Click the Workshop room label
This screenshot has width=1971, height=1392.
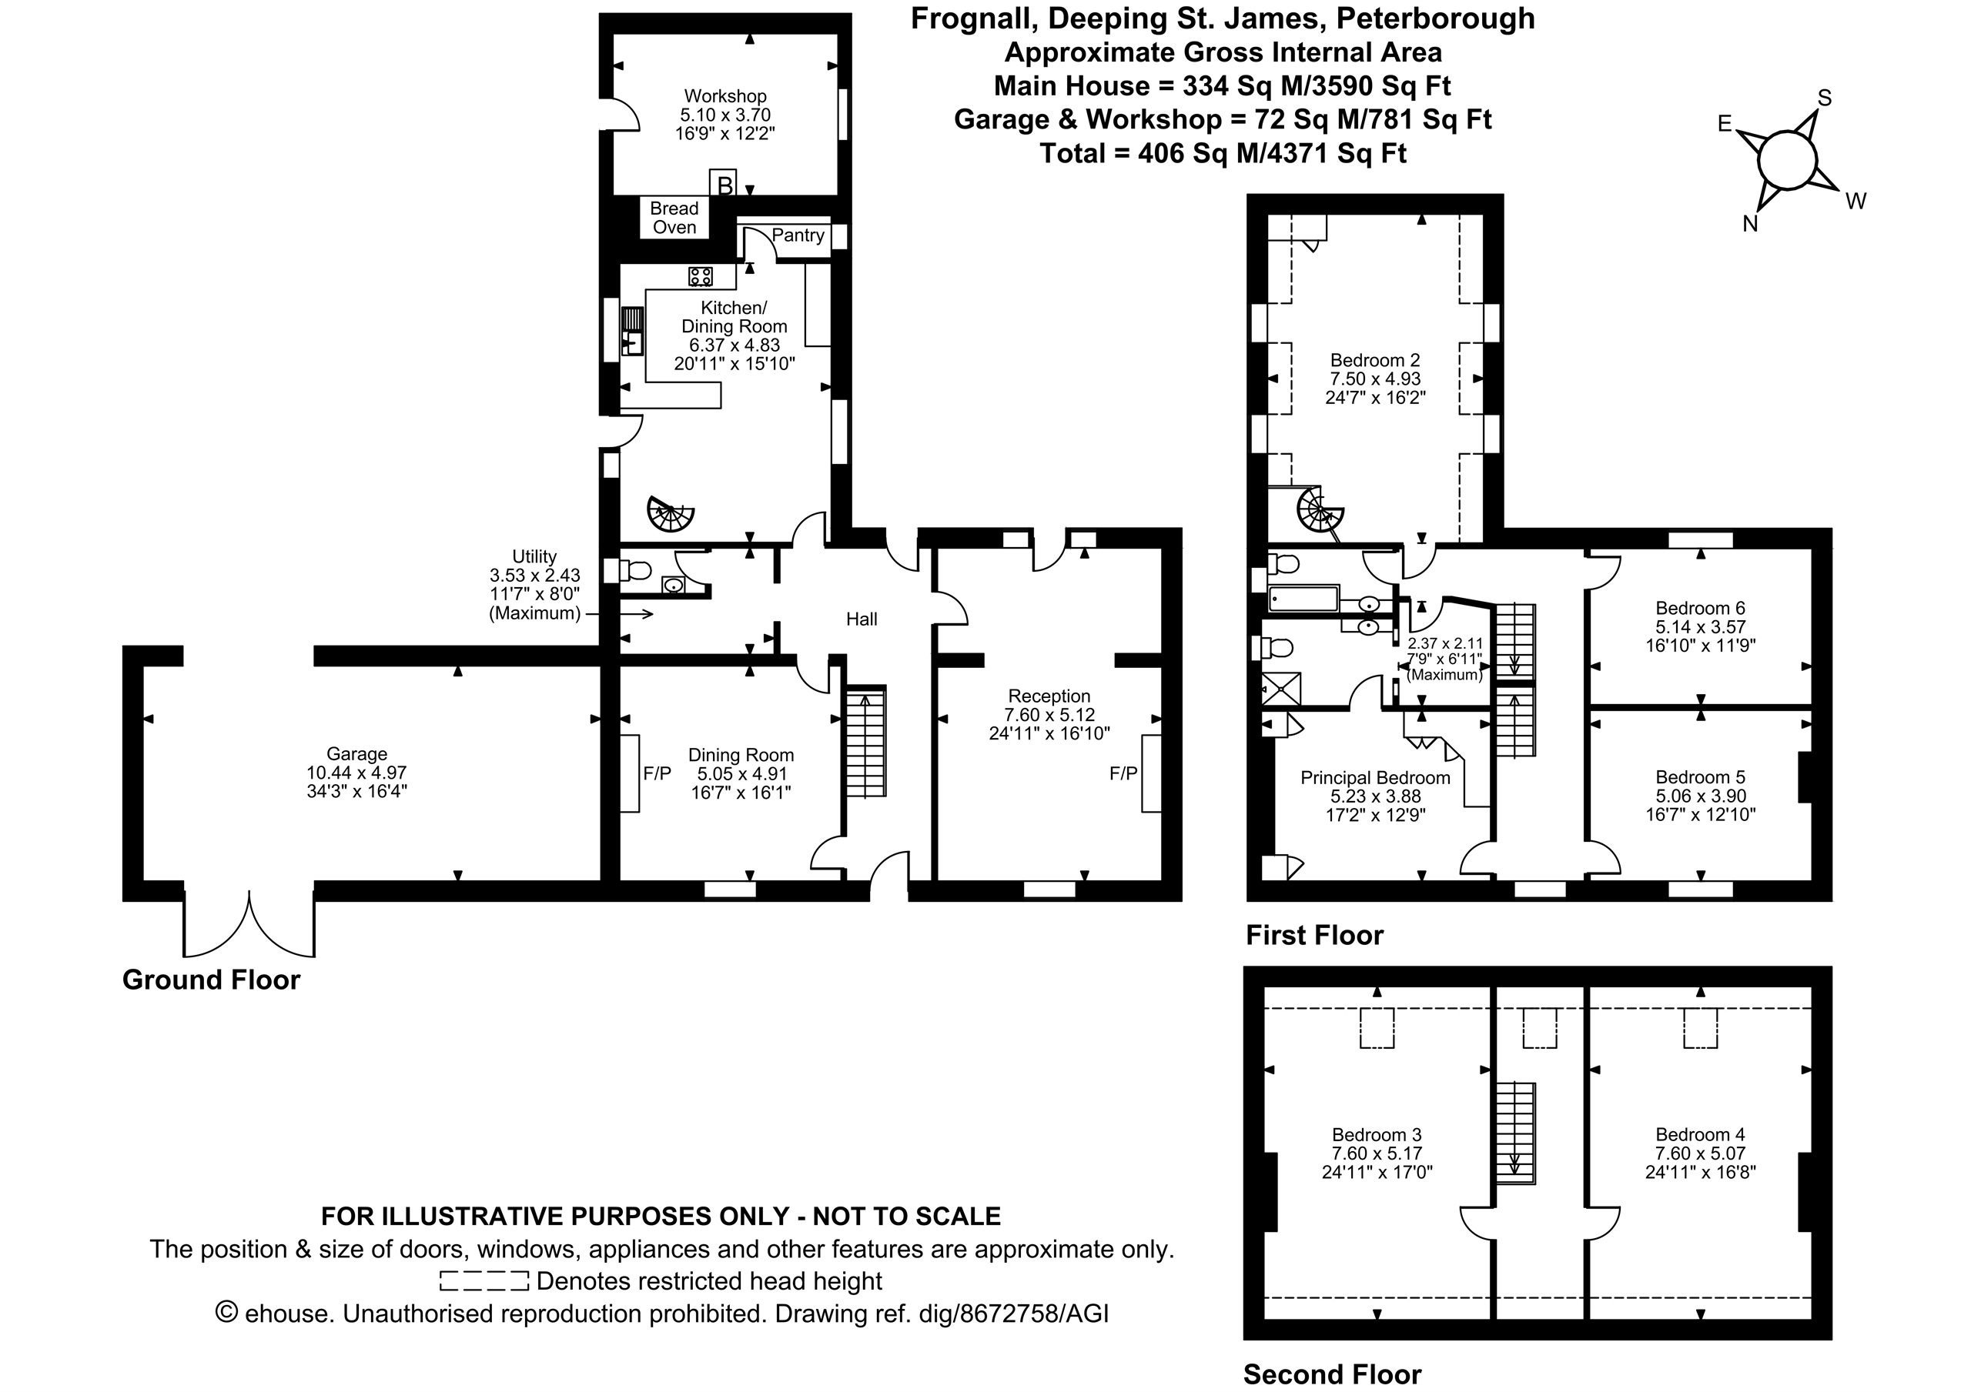(725, 96)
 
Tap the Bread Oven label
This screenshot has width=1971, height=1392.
(674, 218)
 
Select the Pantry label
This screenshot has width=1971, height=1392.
(798, 235)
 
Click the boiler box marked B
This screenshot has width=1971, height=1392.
(724, 184)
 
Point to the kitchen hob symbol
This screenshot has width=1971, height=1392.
(701, 276)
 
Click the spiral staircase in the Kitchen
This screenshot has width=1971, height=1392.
(670, 514)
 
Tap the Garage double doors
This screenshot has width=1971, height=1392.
(249, 923)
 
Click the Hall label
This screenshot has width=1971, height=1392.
(862, 619)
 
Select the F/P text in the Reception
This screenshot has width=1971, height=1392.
(1124, 773)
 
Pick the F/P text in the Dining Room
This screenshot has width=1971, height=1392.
(658, 773)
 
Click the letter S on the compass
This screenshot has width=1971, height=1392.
(1824, 98)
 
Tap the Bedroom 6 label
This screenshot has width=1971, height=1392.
(1701, 608)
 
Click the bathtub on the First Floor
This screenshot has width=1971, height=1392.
(1304, 598)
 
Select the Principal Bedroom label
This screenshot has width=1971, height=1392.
(1375, 777)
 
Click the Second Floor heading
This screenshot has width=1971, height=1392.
(1332, 1374)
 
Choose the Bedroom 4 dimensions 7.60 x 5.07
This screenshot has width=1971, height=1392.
(1701, 1153)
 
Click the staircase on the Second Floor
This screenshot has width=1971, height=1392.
(1516, 1133)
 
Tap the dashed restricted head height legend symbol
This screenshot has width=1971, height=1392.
(484, 1281)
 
